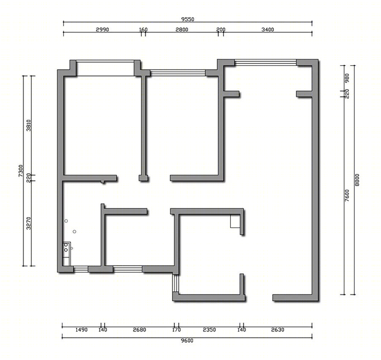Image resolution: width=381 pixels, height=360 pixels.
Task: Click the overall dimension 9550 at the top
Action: pos(188,19)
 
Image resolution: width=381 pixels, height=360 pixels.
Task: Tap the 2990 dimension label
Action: pos(102,30)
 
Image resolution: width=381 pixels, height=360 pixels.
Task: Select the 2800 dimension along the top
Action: pos(182,30)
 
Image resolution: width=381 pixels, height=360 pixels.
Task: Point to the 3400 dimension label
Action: pos(268,30)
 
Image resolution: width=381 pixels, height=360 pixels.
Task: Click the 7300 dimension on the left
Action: pos(21,171)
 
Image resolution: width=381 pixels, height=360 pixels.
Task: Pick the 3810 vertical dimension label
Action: pos(29,125)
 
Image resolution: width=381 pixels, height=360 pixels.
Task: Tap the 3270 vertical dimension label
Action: pos(29,223)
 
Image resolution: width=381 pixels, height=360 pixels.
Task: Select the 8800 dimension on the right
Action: pos(357,180)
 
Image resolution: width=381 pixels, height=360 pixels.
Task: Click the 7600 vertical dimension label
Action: pos(347,195)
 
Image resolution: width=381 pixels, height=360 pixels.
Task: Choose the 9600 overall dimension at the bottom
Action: pos(187,341)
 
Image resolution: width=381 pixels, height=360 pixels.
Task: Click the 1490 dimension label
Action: pos(81,330)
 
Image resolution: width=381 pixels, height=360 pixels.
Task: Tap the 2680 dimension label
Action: pos(139,330)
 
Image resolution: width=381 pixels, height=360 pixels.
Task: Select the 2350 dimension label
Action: pos(209,330)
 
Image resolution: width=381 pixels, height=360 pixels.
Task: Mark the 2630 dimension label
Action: pos(277,330)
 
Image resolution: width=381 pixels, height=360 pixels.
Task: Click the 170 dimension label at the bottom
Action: pos(177,330)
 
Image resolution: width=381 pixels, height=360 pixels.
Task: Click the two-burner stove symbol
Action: pos(66,247)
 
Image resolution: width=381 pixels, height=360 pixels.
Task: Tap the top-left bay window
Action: pos(105,68)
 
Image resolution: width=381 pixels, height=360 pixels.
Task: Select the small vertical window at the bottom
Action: pos(175,283)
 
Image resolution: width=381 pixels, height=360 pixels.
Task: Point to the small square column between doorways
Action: pos(143,178)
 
